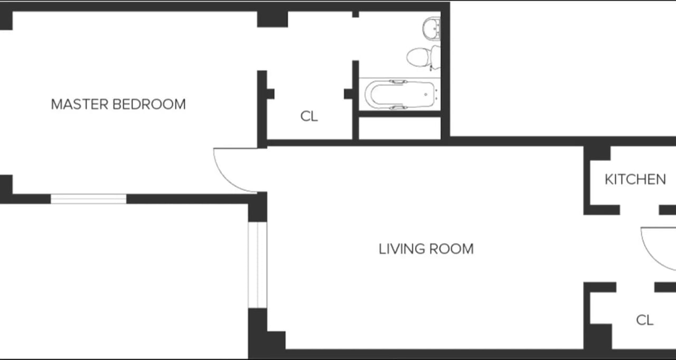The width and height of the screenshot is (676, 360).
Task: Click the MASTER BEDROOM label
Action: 118,104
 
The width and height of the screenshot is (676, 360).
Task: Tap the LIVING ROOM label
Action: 426,249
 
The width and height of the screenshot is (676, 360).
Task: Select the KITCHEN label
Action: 635,179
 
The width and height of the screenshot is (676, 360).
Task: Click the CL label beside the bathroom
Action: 309,116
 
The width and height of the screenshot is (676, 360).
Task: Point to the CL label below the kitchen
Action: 644,320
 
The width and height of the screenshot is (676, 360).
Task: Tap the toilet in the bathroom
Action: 420,56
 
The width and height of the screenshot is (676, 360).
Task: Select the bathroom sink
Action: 431,27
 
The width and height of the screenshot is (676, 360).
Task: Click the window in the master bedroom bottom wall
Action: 88,199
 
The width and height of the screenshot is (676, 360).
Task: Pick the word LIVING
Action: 400,249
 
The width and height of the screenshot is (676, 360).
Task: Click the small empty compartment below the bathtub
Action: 399,128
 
